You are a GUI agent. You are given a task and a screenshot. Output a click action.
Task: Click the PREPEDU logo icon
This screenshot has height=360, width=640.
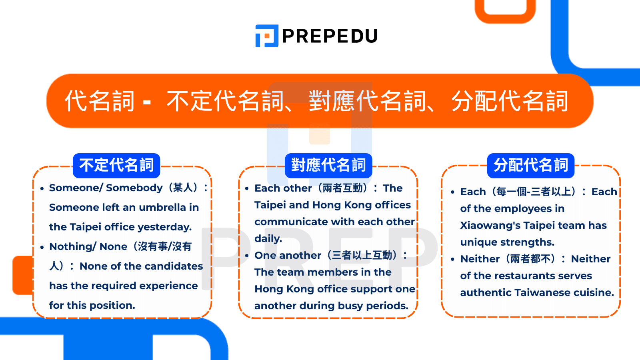pos(266,36)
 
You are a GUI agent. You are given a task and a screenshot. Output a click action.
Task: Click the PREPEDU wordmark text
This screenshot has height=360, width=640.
pos(330,36)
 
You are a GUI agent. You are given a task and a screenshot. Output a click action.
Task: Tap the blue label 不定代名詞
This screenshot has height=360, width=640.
pos(116,165)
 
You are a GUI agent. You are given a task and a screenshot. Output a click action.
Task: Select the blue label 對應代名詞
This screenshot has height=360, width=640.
pos(328,165)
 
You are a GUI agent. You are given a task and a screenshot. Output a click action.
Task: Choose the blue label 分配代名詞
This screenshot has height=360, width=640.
pos(531,165)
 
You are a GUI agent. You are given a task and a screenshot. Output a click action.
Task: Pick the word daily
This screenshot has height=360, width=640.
pos(268,239)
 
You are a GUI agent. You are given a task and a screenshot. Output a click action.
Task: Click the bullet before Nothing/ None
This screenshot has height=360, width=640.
pos(42,247)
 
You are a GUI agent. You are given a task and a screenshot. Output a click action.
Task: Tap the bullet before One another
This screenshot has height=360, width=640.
pos(247,256)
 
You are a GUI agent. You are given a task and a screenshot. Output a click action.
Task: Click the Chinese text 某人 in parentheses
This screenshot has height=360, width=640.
pos(183,188)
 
